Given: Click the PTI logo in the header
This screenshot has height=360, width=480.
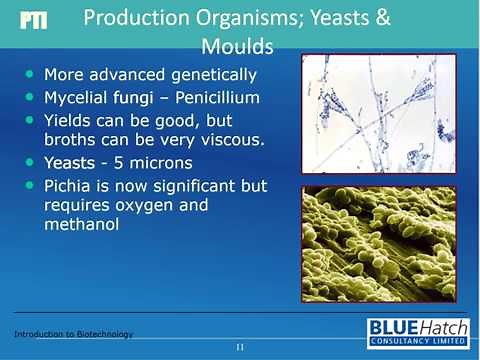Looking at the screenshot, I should click(33, 21).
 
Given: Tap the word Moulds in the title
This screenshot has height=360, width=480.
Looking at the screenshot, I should click(237, 46).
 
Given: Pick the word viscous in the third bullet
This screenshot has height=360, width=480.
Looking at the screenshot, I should click(230, 140).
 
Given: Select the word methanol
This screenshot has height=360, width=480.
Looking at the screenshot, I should click(80, 225).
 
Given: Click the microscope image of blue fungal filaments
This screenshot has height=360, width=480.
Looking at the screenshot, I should click(377, 112).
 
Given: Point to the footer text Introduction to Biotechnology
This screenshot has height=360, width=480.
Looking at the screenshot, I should click(73, 333).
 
